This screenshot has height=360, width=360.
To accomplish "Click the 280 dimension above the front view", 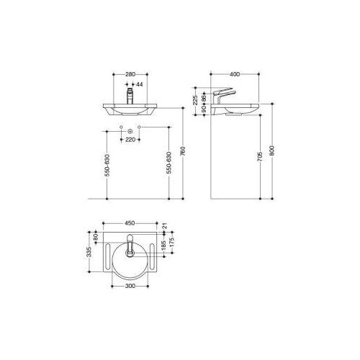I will click(130, 73).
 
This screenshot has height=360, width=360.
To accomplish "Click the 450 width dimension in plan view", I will click(130, 222).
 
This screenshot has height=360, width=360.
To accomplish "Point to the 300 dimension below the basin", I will click(130, 287).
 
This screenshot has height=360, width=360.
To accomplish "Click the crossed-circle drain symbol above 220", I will click(130, 131).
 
